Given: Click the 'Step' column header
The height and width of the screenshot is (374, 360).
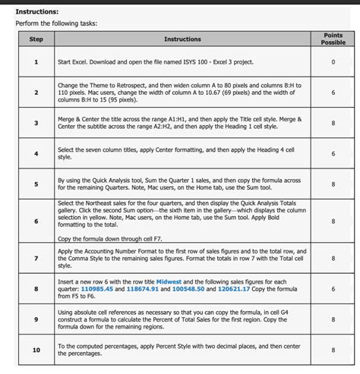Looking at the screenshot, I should pyautogui.click(x=36, y=39).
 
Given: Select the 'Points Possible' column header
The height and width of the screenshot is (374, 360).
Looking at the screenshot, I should pyautogui.click(x=333, y=39).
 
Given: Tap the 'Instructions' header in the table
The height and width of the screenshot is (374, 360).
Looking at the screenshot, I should pyautogui.click(x=182, y=39).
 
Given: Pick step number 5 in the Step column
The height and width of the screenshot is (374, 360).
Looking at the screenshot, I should pyautogui.click(x=36, y=183).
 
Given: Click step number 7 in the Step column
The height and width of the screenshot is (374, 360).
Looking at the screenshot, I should pyautogui.click(x=36, y=258).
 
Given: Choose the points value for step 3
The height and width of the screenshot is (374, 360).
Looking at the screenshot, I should pyautogui.click(x=333, y=123).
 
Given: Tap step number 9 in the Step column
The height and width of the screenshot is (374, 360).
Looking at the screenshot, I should pyautogui.click(x=36, y=320).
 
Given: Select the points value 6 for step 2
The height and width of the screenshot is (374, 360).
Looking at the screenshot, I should pyautogui.click(x=333, y=93).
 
